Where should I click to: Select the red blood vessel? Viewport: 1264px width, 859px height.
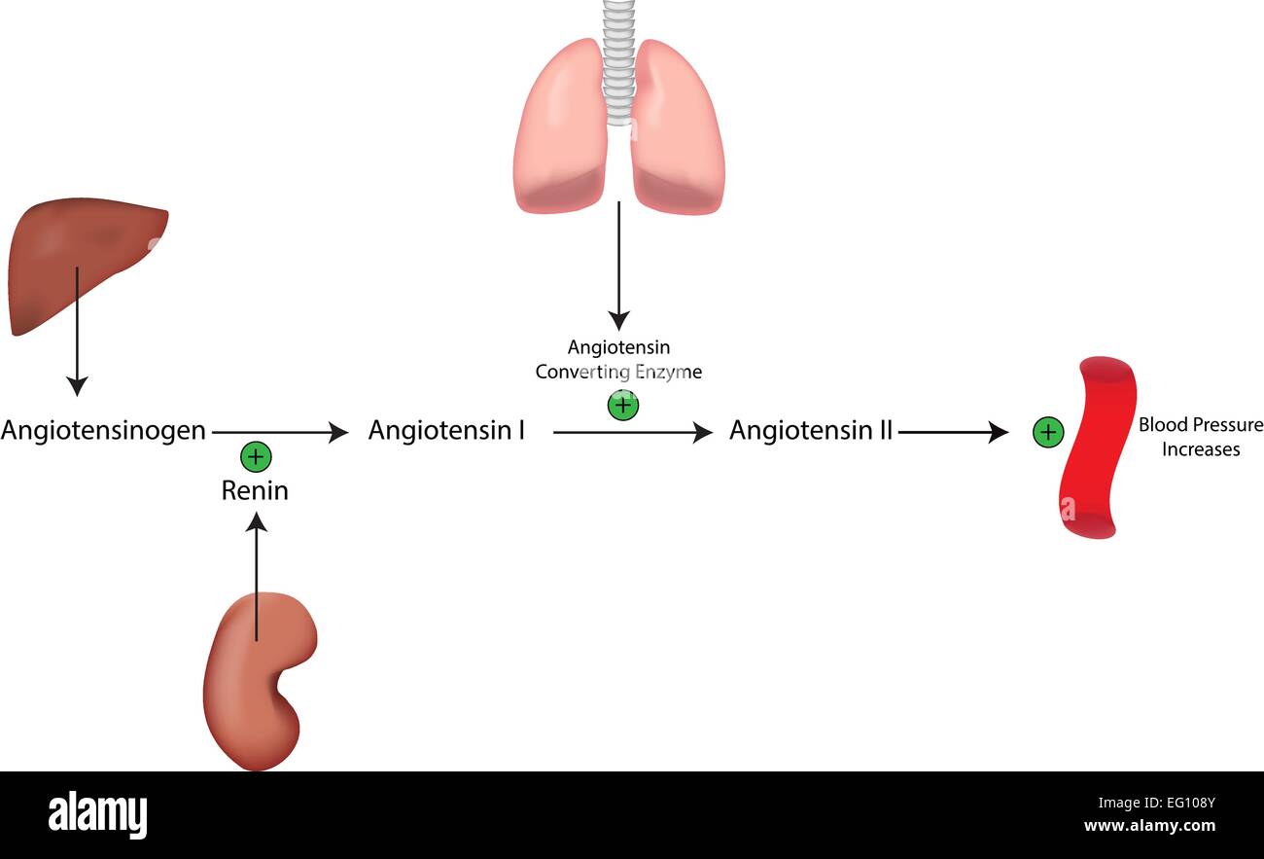(x=1097, y=447)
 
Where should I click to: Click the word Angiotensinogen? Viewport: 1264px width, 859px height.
(x=103, y=430)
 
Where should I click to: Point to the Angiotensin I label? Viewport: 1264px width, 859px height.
(x=446, y=430)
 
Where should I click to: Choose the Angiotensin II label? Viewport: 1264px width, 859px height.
(x=810, y=430)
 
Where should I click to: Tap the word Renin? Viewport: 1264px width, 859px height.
(x=255, y=490)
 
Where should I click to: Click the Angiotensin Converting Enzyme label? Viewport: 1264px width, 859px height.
(x=618, y=359)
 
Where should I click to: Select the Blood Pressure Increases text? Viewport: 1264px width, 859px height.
(x=1201, y=437)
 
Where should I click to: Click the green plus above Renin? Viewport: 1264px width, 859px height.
(x=255, y=454)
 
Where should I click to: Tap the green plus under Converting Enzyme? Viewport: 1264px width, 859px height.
(x=622, y=405)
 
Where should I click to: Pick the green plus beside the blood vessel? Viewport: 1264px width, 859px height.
(x=1047, y=432)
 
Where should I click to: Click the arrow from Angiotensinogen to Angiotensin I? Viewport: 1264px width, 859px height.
(x=280, y=431)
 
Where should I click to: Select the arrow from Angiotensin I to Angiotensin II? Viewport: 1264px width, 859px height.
(x=632, y=431)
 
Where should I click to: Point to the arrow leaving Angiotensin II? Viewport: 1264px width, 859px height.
(x=953, y=431)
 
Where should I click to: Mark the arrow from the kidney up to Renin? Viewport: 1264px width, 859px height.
(x=257, y=574)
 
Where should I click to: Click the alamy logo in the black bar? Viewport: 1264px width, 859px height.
(x=98, y=814)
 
